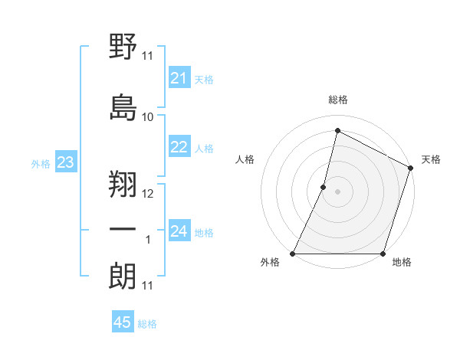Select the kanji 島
(x=123, y=106)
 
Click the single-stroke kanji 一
(x=123, y=231)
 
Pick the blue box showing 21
(x=179, y=78)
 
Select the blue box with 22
(x=179, y=147)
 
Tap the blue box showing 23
(x=65, y=162)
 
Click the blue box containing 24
(x=179, y=231)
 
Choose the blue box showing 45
(x=123, y=322)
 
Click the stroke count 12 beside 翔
(x=148, y=193)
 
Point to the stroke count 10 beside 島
(x=148, y=116)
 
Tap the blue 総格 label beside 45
(x=147, y=324)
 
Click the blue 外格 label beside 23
(x=41, y=164)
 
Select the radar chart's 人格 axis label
(x=245, y=159)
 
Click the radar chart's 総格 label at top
(x=338, y=100)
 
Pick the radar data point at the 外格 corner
(x=293, y=254)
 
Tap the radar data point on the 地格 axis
(x=383, y=254)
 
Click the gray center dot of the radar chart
(x=337, y=191)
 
